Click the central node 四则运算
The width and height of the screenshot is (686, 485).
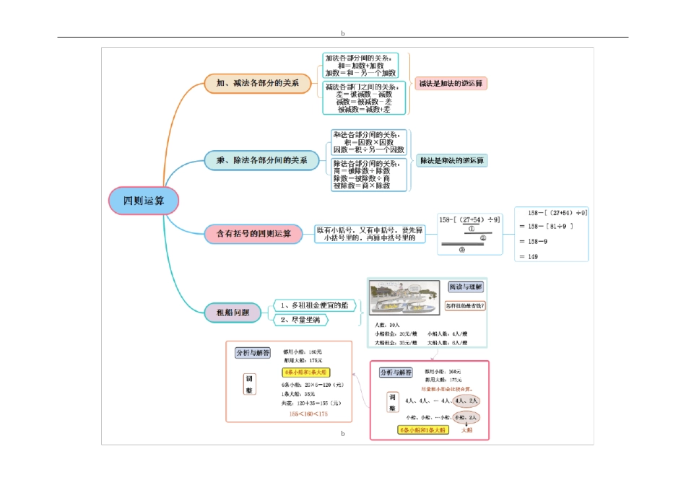143,201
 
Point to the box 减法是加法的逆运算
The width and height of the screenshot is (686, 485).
451,84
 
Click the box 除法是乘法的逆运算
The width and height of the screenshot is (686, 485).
451,160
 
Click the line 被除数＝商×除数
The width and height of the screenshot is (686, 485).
361,185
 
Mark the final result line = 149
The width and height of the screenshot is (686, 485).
534,256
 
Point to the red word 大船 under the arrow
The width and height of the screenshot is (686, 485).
466,430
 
